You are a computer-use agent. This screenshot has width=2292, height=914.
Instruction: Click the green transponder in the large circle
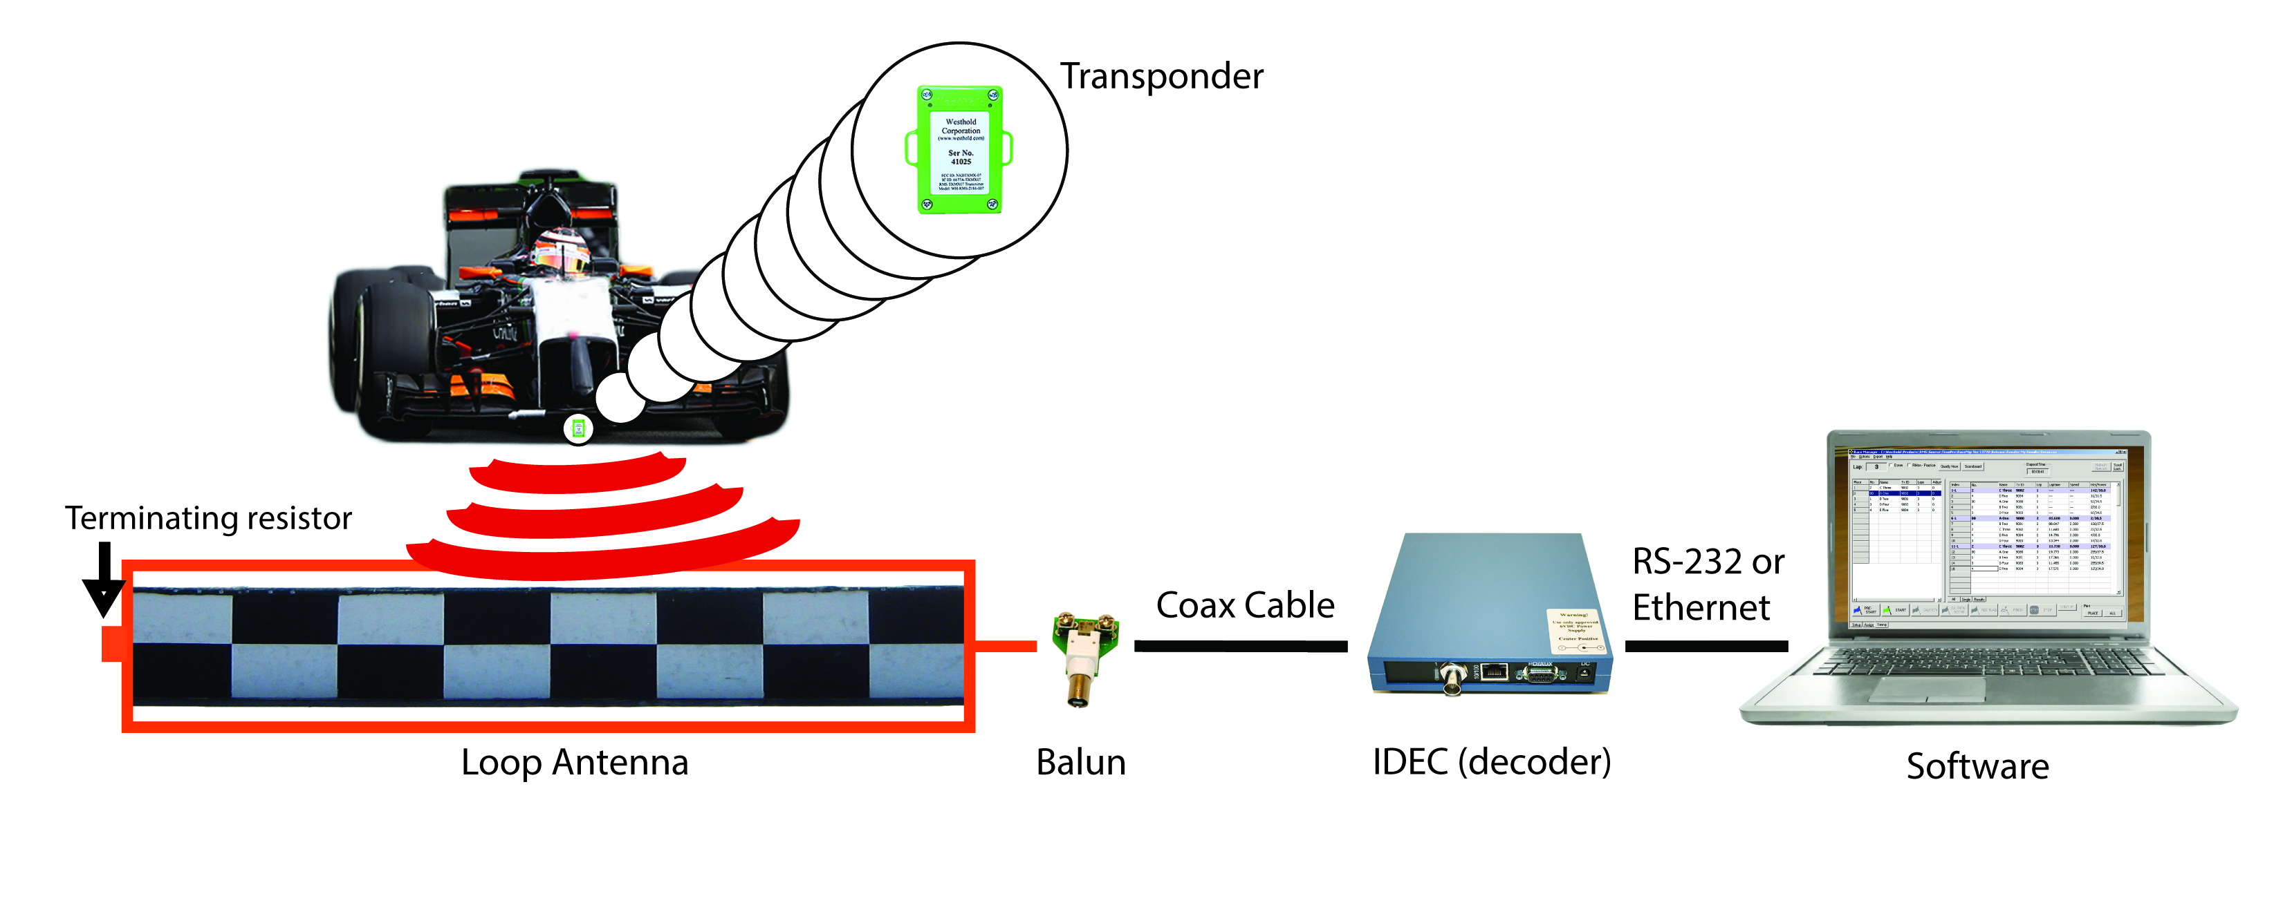(959, 149)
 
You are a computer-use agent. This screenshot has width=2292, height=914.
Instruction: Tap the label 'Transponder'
(1161, 77)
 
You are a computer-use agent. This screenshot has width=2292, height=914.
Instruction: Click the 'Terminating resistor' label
(208, 517)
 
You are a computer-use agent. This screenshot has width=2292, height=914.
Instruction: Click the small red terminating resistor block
(113, 644)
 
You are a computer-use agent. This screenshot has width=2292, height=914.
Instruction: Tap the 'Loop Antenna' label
(574, 762)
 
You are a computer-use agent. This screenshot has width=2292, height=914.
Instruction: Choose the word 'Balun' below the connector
(1080, 762)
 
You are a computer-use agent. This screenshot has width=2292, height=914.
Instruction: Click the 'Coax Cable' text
(1245, 605)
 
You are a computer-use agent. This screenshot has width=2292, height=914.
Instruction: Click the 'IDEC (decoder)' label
(1491, 762)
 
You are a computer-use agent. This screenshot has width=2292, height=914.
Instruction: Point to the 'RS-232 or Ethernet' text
(1706, 584)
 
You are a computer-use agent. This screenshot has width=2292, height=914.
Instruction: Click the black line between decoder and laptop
(1706, 647)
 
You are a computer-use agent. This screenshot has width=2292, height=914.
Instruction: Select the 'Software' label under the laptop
(1977, 765)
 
